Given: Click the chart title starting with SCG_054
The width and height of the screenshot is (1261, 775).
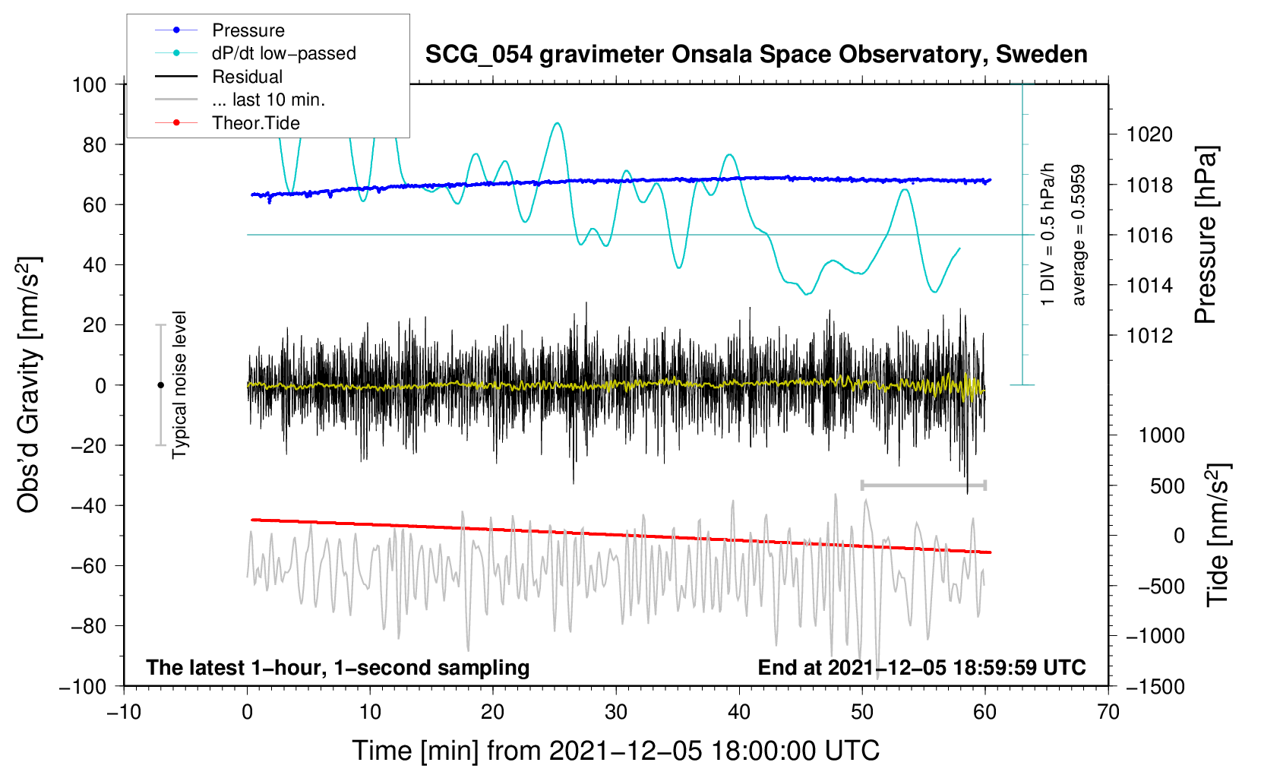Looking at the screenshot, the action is click(x=756, y=55).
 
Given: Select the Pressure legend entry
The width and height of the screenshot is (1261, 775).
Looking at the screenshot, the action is click(x=220, y=30).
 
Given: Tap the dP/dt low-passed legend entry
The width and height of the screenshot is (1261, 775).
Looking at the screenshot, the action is click(x=255, y=53).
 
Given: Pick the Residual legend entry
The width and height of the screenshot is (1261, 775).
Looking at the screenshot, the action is click(x=219, y=76).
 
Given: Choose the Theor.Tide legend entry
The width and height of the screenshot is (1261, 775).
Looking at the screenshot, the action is click(x=227, y=123).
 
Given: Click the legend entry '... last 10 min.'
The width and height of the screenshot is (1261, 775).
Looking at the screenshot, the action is click(x=240, y=100).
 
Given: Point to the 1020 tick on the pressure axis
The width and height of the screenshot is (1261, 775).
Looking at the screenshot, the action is click(x=1149, y=134).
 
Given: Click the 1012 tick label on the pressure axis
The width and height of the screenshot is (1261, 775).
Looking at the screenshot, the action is click(x=1149, y=336).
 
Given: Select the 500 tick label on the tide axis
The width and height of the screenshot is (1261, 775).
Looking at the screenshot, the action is click(x=1167, y=486).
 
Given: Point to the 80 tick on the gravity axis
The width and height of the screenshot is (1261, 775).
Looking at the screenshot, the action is click(x=94, y=145).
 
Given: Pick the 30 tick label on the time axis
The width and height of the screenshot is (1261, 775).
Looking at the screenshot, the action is click(x=616, y=712).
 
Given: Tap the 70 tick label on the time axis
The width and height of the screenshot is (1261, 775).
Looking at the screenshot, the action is click(x=1108, y=712).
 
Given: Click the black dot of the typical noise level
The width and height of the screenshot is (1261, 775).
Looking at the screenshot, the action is click(x=160, y=385).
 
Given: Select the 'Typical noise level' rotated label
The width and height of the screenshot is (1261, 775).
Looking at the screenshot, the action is click(x=179, y=384).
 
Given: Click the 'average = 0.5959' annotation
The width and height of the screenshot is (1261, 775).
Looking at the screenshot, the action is click(x=1077, y=235).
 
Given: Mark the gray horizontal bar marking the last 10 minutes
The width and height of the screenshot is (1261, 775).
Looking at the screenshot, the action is click(x=923, y=485).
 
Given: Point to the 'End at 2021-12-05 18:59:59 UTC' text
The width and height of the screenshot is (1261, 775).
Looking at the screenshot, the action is click(x=921, y=667).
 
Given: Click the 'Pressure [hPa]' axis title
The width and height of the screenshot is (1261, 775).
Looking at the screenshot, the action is click(x=1206, y=235).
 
